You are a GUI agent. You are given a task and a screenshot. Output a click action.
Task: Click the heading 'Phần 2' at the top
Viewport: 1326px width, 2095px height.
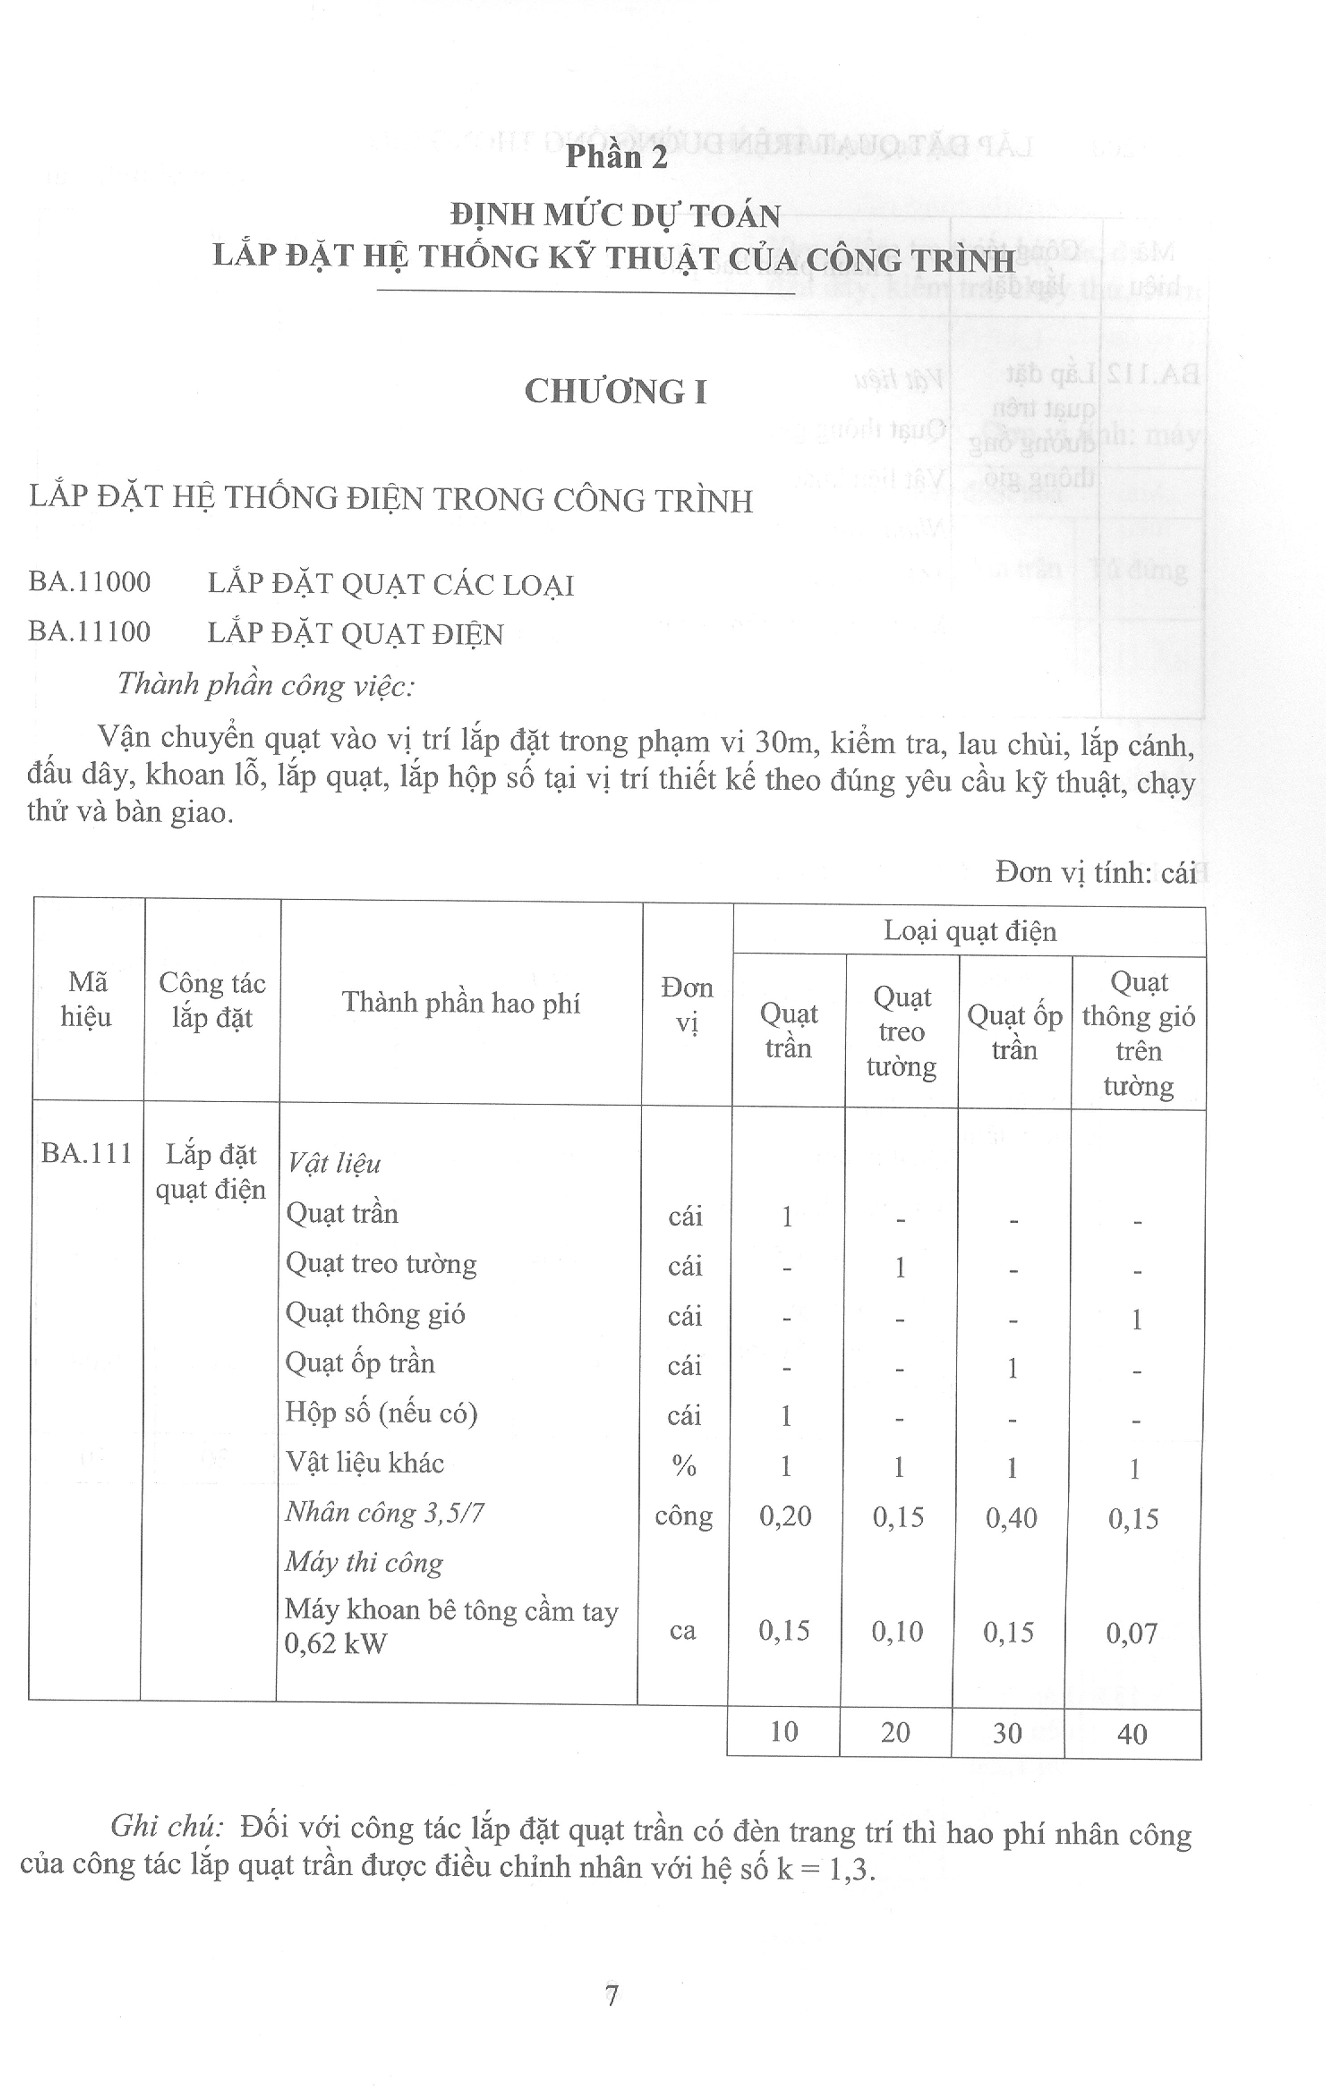tap(616, 157)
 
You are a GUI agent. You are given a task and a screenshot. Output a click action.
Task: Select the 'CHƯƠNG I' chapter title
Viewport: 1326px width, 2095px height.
tap(615, 392)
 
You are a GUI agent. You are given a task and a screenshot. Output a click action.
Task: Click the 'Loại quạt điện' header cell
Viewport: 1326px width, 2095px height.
tap(969, 931)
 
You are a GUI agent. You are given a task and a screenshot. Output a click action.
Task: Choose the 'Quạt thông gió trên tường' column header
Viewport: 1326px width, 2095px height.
tap(1138, 1033)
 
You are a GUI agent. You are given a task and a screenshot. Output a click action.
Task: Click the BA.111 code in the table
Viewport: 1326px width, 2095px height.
tap(86, 1154)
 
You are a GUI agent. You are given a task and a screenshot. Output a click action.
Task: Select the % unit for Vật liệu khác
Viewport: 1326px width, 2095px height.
tap(684, 1466)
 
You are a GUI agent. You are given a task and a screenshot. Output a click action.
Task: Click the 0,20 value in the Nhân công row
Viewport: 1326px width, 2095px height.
tap(785, 1517)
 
